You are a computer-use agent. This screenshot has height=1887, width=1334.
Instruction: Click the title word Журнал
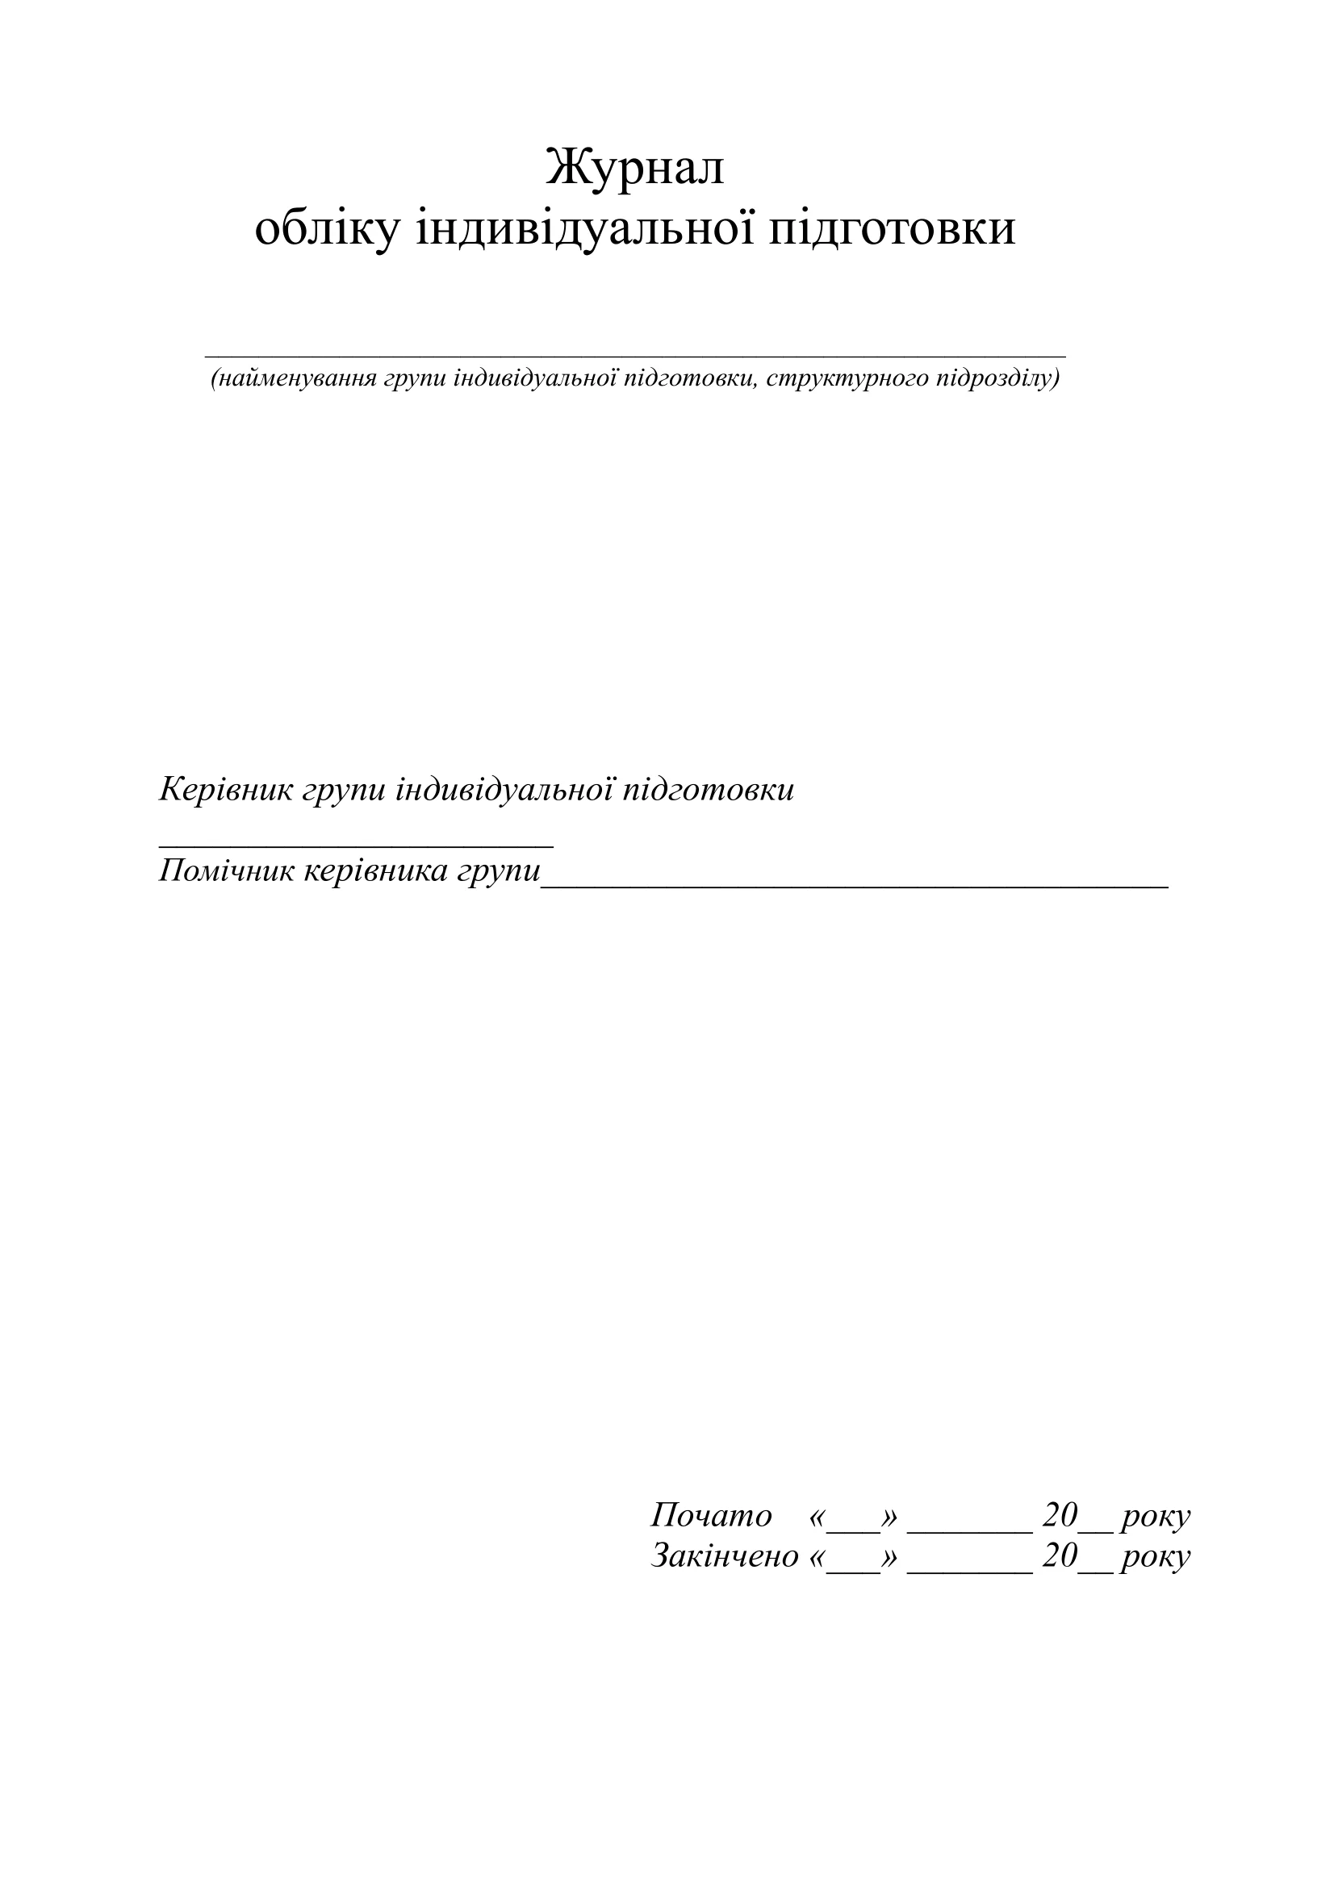tap(634, 168)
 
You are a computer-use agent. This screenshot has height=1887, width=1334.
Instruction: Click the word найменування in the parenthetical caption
tap(297, 378)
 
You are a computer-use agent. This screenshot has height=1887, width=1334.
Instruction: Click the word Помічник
tap(227, 870)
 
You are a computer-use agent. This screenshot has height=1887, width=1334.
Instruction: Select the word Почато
tap(712, 1517)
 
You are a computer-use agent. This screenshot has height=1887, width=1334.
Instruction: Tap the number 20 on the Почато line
tap(1060, 1516)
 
